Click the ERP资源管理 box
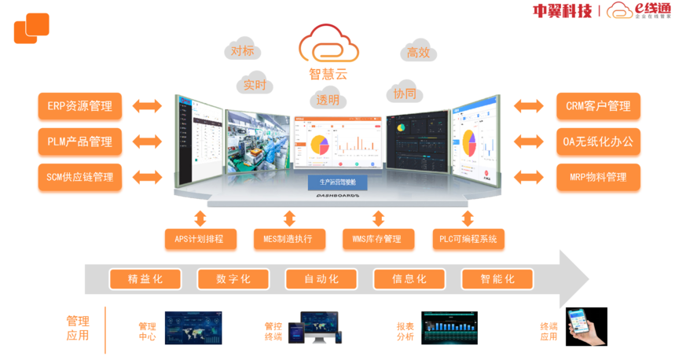(x=79, y=106)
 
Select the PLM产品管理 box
(x=79, y=141)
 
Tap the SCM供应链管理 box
(x=79, y=177)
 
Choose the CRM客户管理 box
(x=598, y=106)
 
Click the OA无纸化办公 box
(x=598, y=141)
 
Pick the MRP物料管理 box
(x=598, y=177)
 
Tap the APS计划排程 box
(x=200, y=239)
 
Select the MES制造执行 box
(x=289, y=239)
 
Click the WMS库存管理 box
(x=378, y=239)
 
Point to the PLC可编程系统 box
(x=468, y=239)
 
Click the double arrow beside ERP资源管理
(x=147, y=106)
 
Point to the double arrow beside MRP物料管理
(x=529, y=177)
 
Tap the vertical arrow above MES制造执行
(x=289, y=218)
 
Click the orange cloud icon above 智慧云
(x=328, y=44)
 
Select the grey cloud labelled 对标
(x=242, y=50)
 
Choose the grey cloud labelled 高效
(x=418, y=52)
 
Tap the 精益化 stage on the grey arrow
(x=145, y=279)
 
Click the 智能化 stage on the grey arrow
(x=497, y=279)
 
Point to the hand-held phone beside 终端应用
(x=587, y=327)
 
